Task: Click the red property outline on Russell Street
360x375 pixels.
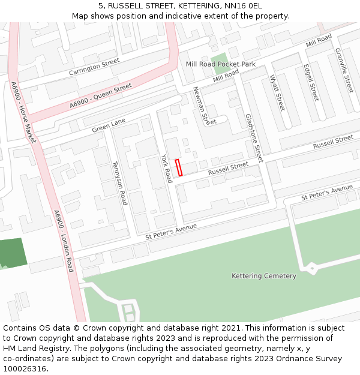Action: click(178, 167)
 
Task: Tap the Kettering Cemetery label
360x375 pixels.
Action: click(264, 276)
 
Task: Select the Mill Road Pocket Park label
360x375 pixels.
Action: click(220, 64)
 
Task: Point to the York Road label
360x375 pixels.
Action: click(166, 168)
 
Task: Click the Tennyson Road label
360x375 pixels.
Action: click(120, 182)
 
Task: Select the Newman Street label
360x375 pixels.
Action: click(204, 106)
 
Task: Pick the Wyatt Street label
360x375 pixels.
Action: click(277, 92)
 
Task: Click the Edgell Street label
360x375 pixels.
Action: click(311, 82)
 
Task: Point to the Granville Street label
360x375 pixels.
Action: click(344, 70)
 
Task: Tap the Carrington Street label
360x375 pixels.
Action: click(94, 67)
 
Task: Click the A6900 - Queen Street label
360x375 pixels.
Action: click(100, 96)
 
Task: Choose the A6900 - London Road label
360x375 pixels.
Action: click(62, 241)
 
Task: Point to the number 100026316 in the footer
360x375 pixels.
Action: click(25, 368)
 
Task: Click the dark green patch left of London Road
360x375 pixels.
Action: click(13, 253)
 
